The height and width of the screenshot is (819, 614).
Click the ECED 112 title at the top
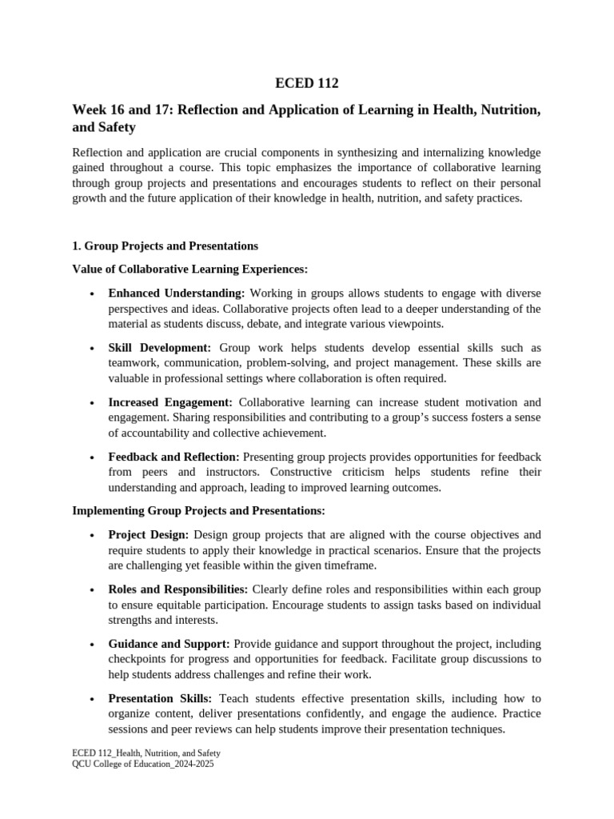(307, 82)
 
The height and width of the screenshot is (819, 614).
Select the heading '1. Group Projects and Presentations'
(165, 246)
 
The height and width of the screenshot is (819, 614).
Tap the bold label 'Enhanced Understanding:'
(176, 293)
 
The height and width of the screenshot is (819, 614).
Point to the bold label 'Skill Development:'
(160, 348)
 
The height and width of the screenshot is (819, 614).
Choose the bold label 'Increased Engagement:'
(170, 402)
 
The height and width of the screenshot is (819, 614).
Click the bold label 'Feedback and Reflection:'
(173, 457)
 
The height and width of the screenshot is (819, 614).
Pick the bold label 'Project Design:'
(148, 534)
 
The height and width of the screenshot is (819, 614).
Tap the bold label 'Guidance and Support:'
(169, 644)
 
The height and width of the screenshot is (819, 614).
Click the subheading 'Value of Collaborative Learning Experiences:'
(190, 270)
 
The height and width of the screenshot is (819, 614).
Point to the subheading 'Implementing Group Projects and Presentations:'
(199, 510)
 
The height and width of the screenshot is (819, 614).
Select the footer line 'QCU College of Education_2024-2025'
(143, 764)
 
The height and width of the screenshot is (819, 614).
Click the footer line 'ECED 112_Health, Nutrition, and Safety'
(146, 753)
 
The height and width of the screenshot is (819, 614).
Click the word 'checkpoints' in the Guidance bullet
(138, 659)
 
